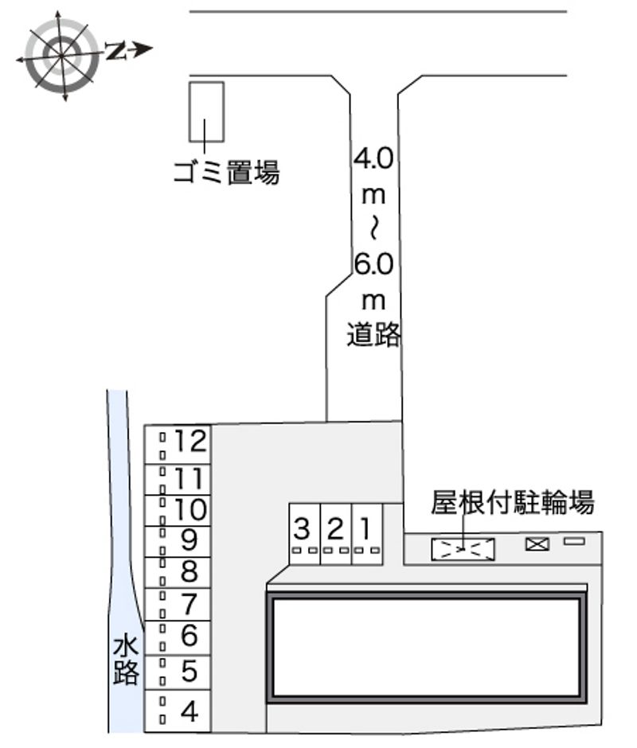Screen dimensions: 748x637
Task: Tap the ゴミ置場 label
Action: click(x=227, y=171)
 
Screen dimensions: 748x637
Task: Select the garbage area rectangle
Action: click(x=205, y=111)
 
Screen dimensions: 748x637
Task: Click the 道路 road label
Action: click(x=373, y=335)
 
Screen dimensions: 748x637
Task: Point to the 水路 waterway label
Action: click(x=126, y=660)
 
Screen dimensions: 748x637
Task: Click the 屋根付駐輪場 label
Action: click(x=512, y=504)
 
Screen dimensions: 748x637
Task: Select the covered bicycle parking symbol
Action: click(x=463, y=549)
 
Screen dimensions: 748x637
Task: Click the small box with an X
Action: click(x=537, y=544)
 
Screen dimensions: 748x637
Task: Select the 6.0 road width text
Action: click(x=373, y=264)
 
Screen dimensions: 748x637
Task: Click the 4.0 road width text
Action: click(x=373, y=158)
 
